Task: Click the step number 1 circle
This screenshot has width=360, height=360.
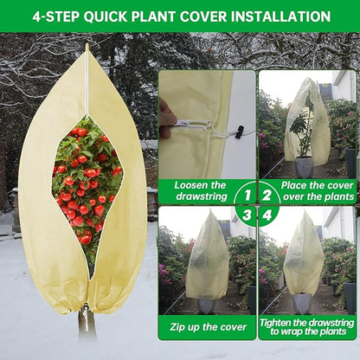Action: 244,191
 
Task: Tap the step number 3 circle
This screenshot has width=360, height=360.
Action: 244,213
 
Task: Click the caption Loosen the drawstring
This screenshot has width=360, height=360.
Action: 200,190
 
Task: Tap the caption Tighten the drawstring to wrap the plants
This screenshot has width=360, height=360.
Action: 307,326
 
